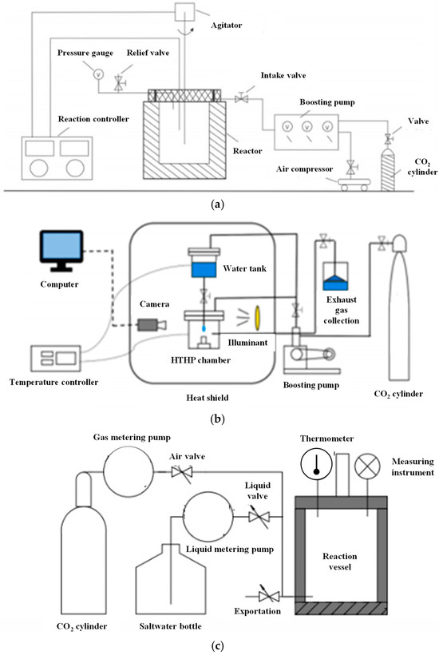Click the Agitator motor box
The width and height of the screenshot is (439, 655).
click(184, 12)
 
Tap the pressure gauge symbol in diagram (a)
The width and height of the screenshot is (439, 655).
click(98, 74)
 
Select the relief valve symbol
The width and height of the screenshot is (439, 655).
click(120, 83)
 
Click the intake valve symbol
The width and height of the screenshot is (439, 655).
click(242, 98)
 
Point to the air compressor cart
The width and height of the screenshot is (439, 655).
click(354, 184)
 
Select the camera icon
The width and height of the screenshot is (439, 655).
click(152, 324)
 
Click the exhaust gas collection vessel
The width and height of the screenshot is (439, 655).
click(335, 276)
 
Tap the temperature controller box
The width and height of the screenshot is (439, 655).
click(56, 359)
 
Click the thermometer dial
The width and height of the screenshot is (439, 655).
click(316, 464)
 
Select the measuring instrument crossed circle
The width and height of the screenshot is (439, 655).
click(367, 466)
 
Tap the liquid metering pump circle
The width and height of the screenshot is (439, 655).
click(208, 517)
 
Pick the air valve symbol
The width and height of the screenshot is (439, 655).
click(182, 472)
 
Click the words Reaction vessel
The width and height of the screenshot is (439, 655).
click(340, 562)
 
